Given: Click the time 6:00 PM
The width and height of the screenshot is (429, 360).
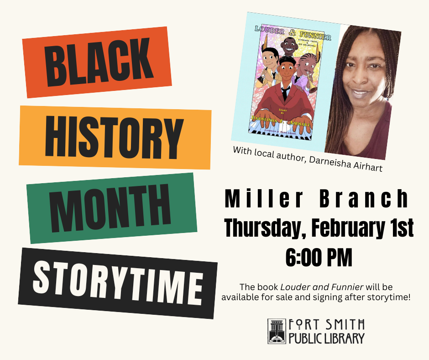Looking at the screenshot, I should (319, 257).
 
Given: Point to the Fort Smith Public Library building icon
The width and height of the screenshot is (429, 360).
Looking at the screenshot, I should (277, 331).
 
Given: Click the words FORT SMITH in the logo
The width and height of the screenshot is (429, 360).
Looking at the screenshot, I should (327, 325).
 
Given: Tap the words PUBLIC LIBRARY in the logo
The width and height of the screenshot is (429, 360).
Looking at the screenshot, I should (327, 339).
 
